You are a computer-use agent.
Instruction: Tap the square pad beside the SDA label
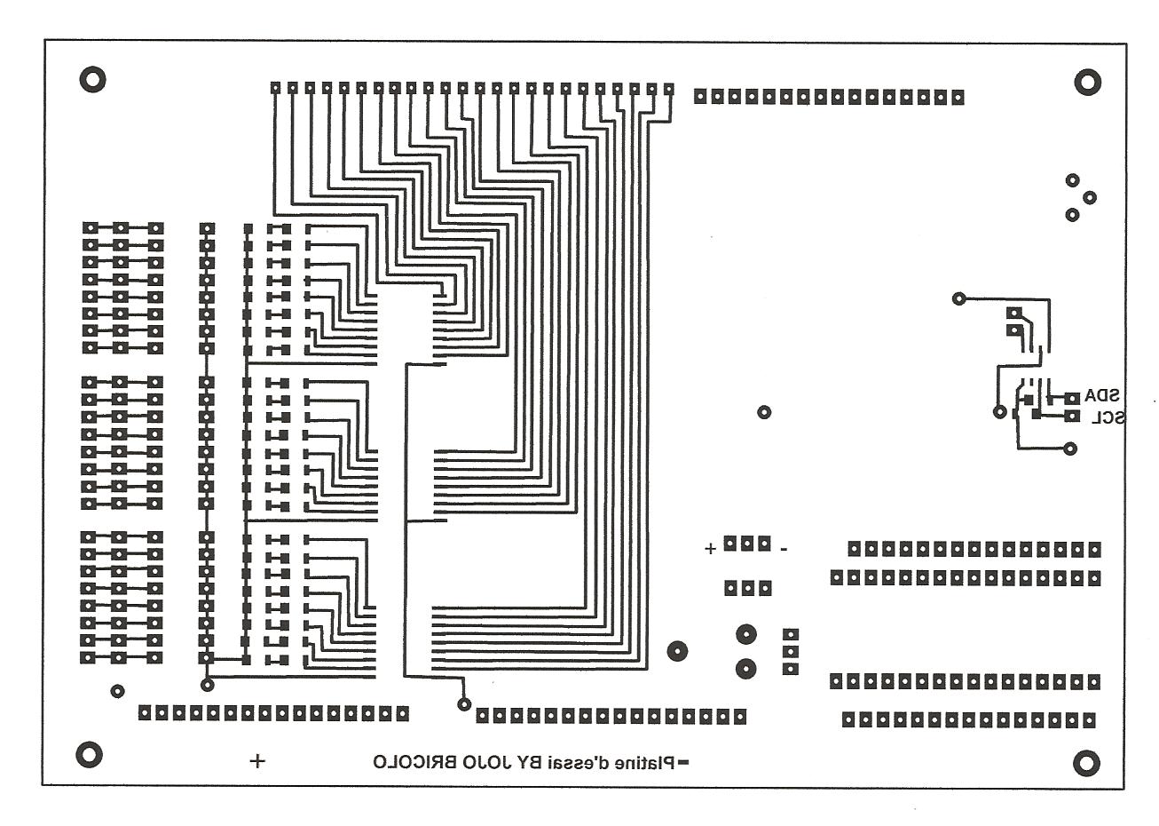pos(1073,396)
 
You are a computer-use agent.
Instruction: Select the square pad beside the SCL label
pos(1073,416)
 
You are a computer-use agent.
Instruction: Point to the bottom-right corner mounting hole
pos(1087,762)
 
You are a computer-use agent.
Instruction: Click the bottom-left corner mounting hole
pos(88,754)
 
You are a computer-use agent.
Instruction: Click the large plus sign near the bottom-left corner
pos(257,760)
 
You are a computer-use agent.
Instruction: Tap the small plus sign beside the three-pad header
pos(710,548)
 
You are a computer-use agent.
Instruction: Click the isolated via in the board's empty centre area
pos(763,412)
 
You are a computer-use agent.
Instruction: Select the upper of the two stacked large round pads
pos(746,634)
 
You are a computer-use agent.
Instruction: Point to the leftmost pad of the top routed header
pos(276,88)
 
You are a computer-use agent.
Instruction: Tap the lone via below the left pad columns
pos(117,691)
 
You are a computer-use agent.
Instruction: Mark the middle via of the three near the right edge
pos(1090,197)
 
